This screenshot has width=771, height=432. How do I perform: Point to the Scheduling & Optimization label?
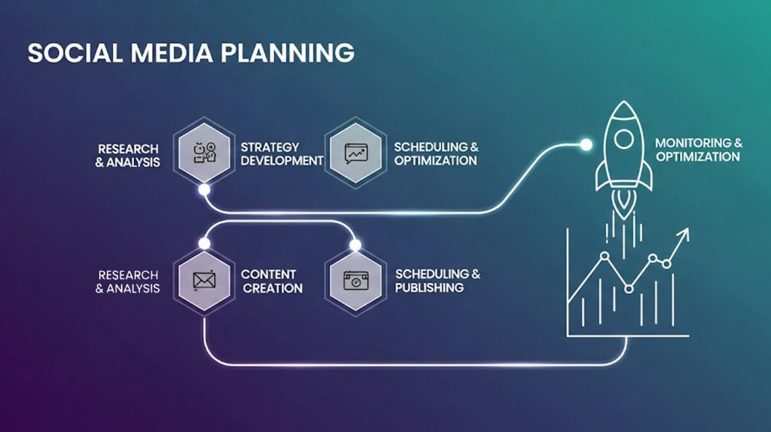[435, 154]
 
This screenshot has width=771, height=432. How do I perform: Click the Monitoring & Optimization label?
[697, 149]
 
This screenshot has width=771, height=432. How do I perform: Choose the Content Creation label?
[272, 281]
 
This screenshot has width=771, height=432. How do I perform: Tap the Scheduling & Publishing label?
[437, 281]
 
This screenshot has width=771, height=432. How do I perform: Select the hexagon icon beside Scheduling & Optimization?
[355, 154]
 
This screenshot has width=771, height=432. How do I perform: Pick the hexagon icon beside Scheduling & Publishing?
[355, 281]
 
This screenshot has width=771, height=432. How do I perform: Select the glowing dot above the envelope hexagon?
[204, 244]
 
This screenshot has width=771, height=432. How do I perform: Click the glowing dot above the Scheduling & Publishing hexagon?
[355, 245]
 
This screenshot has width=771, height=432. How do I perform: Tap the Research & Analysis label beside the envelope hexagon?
[128, 281]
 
